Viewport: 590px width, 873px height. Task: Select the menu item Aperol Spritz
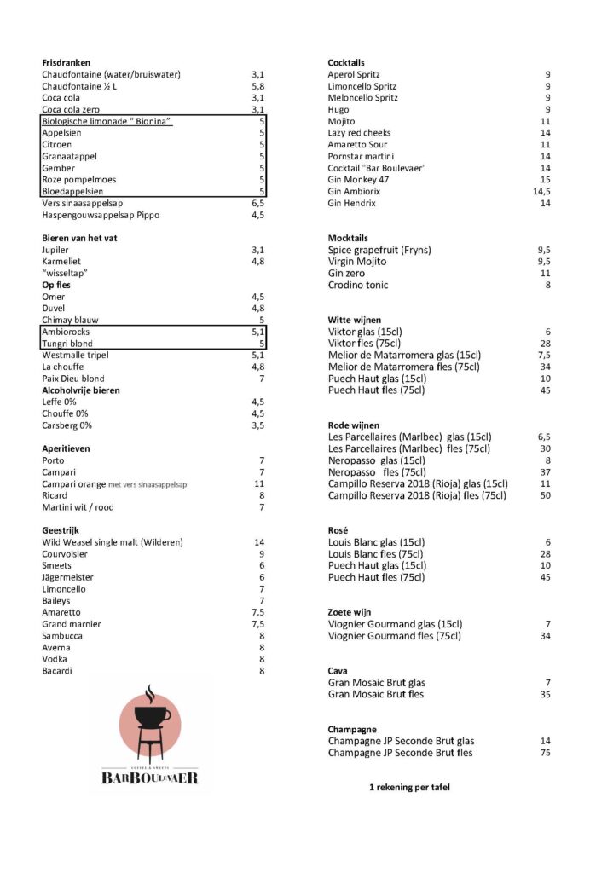pyautogui.click(x=354, y=75)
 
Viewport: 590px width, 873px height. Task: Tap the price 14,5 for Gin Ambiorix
pyautogui.click(x=540, y=192)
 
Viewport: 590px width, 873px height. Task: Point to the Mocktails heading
pyautogui.click(x=348, y=238)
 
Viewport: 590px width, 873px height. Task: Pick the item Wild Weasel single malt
pyautogui.click(x=113, y=542)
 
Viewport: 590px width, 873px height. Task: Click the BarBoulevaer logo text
pyautogui.click(x=150, y=778)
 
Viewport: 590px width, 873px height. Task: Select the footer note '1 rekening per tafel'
pyautogui.click(x=409, y=787)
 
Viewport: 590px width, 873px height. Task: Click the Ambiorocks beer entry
pyautogui.click(x=65, y=332)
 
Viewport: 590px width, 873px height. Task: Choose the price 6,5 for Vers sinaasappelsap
pyautogui.click(x=257, y=204)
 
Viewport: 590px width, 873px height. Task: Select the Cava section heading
pyautogui.click(x=338, y=671)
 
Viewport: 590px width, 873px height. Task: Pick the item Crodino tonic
pyautogui.click(x=357, y=285)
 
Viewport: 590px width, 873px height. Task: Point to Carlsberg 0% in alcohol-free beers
pyautogui.click(x=67, y=425)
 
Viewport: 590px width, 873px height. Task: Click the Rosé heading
pyautogui.click(x=338, y=530)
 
